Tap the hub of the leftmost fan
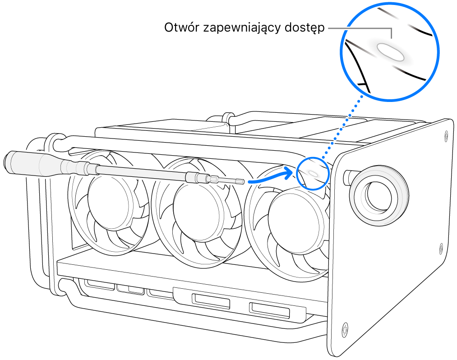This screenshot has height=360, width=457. [109, 198]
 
